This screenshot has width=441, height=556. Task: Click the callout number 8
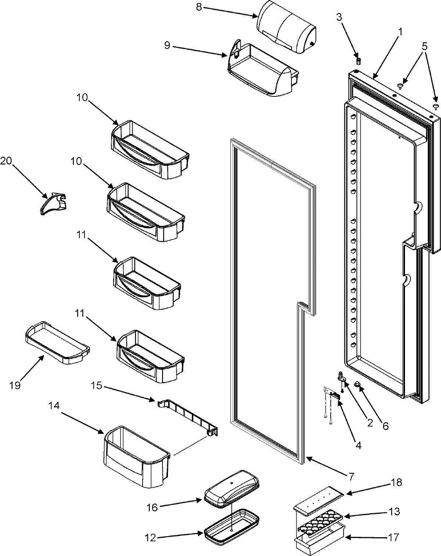pyautogui.click(x=199, y=7)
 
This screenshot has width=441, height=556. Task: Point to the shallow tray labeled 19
pyautogui.click(x=57, y=343)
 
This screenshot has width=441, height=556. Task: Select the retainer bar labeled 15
pyautogui.click(x=187, y=416)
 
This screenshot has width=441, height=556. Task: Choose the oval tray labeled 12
pyautogui.click(x=232, y=525)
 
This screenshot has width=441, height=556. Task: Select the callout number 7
pyautogui.click(x=351, y=477)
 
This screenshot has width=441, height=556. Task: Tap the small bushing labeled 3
pyautogui.click(x=359, y=60)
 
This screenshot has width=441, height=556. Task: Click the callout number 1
pyautogui.click(x=400, y=32)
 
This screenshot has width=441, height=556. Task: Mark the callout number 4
pyautogui.click(x=358, y=446)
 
